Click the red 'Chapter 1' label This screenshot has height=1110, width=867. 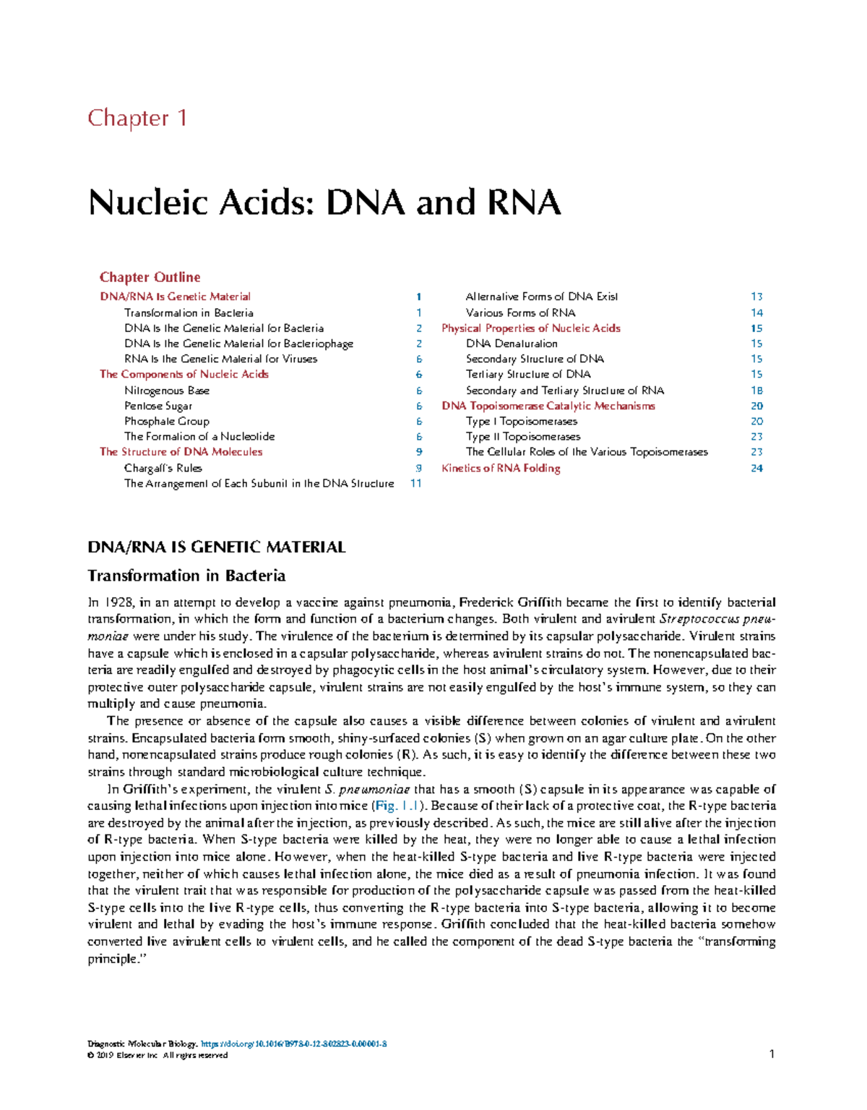tap(137, 118)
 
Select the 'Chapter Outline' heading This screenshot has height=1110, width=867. tap(150, 277)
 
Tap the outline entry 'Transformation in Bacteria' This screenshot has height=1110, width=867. tap(189, 312)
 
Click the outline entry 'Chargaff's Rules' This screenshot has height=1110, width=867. tap(163, 468)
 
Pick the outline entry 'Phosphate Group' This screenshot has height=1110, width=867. tap(166, 421)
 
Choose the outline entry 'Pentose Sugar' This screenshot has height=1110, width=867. tap(158, 406)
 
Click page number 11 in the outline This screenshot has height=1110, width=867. tap(415, 483)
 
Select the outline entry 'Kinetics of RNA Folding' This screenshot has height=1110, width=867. tap(501, 468)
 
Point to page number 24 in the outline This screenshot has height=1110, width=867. tap(756, 468)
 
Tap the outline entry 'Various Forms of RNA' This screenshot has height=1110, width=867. tap(520, 312)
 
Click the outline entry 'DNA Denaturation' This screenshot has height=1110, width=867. tap(512, 343)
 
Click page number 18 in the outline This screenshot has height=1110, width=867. tap(756, 390)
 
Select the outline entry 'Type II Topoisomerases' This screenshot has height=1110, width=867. tap(523, 436)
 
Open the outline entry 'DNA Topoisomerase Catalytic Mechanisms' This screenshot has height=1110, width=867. tap(548, 406)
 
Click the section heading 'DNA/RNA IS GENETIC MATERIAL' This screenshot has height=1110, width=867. tap(216, 547)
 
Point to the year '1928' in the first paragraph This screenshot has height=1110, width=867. tap(118, 602)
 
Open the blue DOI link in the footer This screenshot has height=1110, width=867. tap(293, 1043)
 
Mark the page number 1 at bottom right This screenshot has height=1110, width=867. tap(772, 1054)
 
